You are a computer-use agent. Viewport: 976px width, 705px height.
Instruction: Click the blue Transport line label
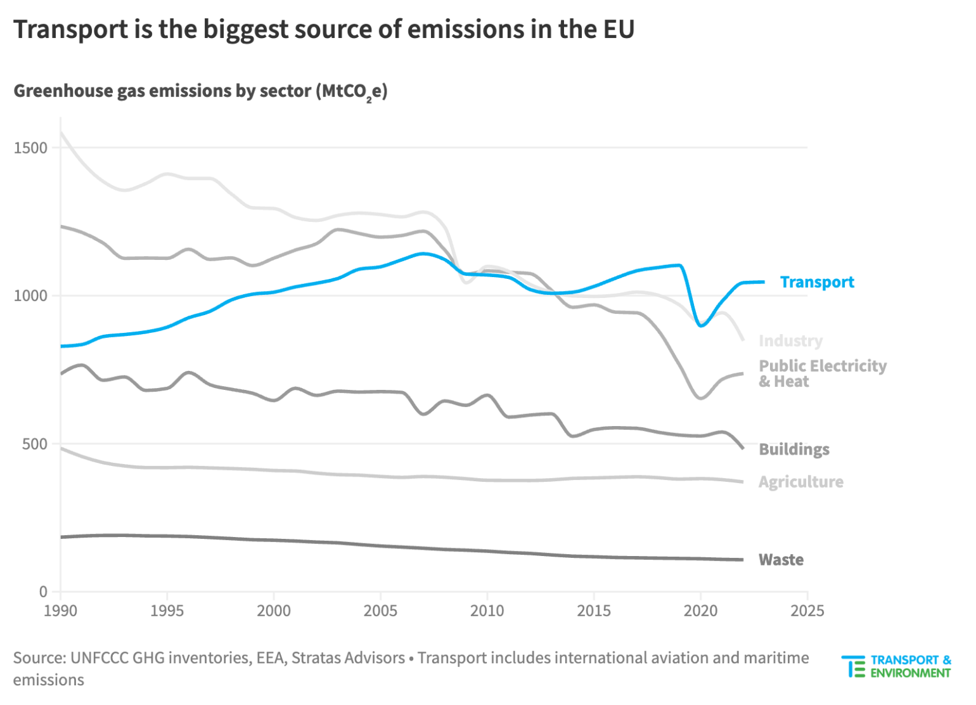[816, 282]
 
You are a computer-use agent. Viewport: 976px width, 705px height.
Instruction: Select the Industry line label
[790, 341]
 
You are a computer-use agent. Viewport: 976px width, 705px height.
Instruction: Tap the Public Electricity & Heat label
[822, 373]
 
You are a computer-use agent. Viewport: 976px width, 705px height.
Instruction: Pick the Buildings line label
[793, 450]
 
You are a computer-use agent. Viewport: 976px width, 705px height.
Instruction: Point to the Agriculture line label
[800, 482]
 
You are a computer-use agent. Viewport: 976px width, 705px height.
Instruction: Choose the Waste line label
[781, 560]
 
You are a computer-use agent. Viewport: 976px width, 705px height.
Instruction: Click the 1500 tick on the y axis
[30, 148]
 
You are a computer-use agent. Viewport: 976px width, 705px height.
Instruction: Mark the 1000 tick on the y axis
[30, 295]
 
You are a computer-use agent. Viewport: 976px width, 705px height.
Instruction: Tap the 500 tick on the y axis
[34, 444]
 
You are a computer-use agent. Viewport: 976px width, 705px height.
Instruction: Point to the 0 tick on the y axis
[43, 592]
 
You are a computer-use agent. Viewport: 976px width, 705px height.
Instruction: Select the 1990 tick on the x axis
[60, 611]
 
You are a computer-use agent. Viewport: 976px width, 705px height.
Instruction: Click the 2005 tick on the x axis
[380, 611]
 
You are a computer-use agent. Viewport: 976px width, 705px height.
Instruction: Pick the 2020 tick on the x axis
[700, 611]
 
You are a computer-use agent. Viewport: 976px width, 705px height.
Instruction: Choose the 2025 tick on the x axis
[807, 611]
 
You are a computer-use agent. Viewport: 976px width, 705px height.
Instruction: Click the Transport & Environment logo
[896, 666]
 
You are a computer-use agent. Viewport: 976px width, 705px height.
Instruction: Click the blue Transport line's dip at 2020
[700, 325]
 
